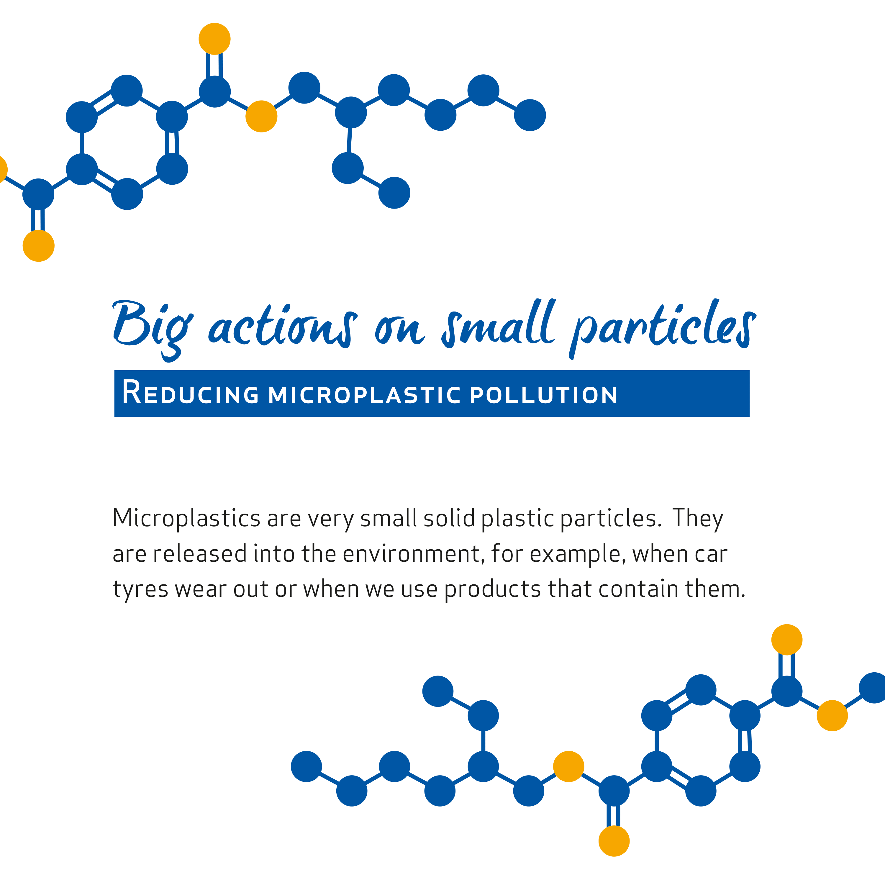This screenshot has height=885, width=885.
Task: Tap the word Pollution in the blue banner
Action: (544, 395)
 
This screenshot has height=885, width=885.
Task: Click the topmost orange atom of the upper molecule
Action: (214, 39)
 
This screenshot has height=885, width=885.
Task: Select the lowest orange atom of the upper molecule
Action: (38, 246)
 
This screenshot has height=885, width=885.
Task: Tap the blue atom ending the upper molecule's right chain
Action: (530, 115)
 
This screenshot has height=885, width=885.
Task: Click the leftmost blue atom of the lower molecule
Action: (307, 766)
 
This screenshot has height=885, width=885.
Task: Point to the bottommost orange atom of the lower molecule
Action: (614, 841)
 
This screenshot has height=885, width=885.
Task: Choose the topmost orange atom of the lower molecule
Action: (787, 640)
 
